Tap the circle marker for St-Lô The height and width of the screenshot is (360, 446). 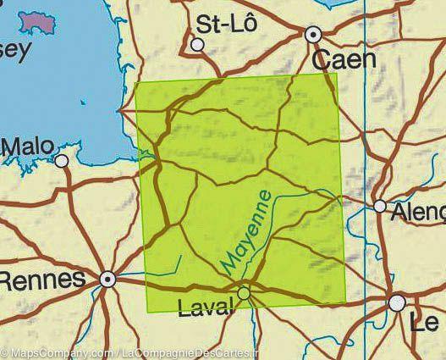point(198,44)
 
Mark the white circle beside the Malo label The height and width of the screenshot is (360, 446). point(62,159)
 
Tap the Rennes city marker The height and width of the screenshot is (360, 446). point(107,278)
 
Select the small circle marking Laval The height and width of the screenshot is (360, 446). point(244,293)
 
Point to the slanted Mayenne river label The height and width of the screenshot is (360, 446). point(248,231)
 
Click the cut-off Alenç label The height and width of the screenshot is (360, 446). point(417,212)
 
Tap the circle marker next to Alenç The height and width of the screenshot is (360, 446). point(380,206)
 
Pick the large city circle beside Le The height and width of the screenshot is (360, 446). point(397,302)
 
